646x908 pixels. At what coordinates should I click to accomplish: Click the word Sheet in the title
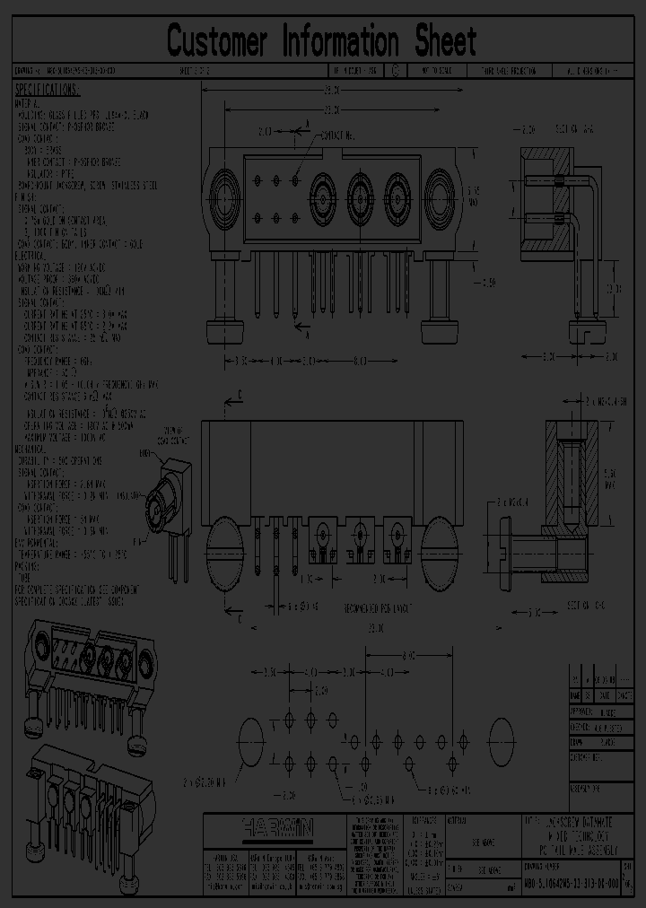(x=445, y=41)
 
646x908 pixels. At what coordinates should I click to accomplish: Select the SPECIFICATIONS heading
(x=48, y=90)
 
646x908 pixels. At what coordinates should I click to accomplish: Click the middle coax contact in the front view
(x=360, y=190)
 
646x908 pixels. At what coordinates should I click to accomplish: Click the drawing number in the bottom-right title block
(x=571, y=884)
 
